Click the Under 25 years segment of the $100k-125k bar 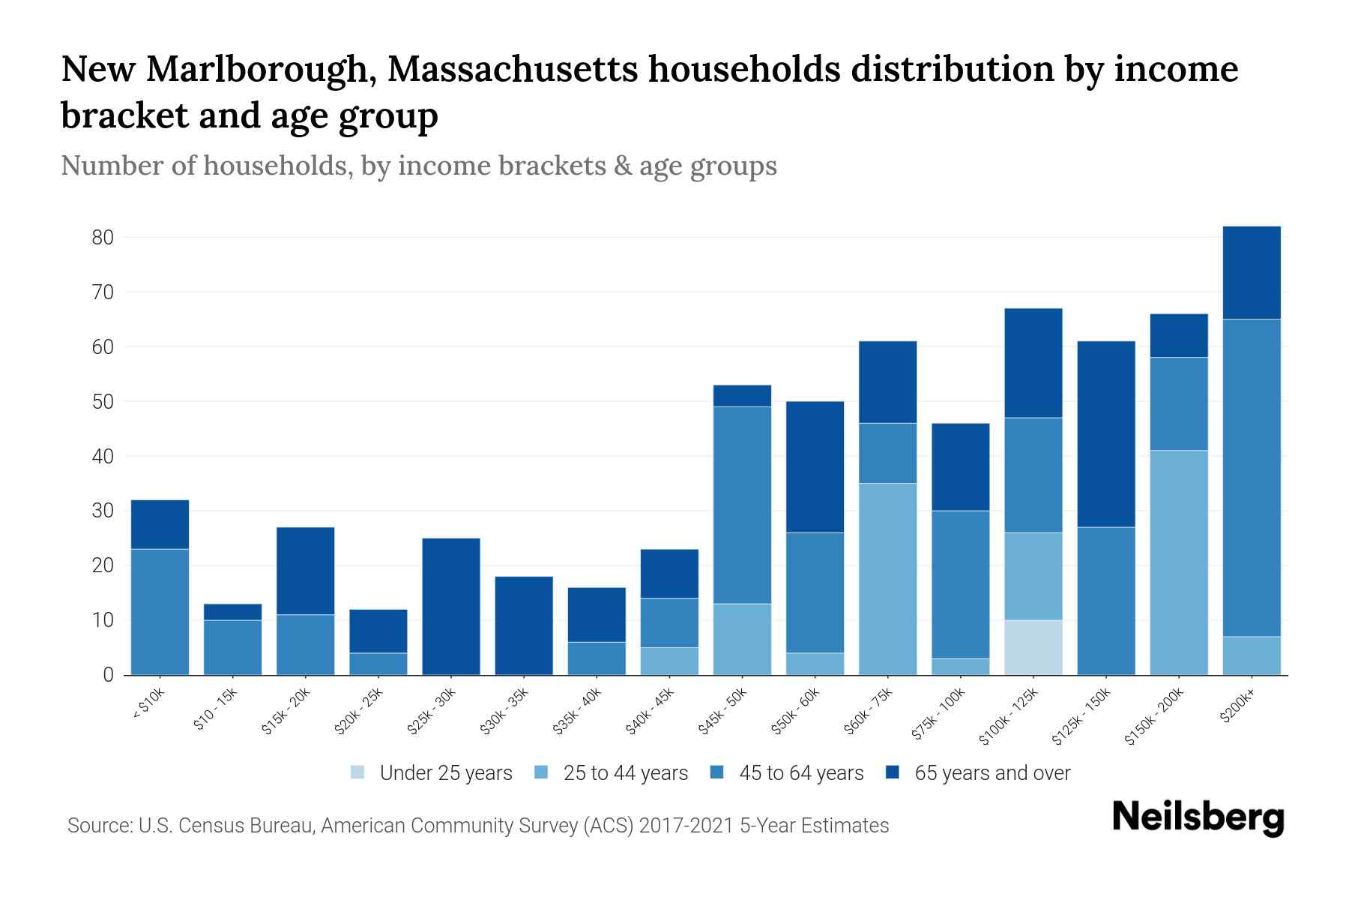1033,647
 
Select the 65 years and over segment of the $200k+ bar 1252,273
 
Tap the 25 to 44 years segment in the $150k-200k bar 1179,562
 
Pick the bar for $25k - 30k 451,606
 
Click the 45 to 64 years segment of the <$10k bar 160,611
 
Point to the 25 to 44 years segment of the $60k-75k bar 887,579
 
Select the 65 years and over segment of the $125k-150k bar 1106,434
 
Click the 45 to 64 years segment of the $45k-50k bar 742,505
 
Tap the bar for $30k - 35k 524,625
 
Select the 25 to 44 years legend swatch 542,772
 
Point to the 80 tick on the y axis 103,238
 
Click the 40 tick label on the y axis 103,457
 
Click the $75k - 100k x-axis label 940,715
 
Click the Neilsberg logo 1198,817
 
